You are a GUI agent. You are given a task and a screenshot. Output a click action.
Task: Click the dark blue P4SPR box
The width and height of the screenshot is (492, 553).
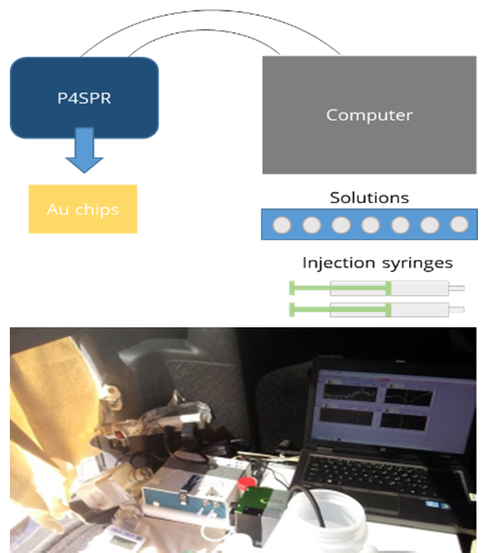84,97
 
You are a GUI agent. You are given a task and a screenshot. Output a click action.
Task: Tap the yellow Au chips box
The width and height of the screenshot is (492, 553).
82,209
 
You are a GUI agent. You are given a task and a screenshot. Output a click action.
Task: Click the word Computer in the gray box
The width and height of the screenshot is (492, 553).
369,114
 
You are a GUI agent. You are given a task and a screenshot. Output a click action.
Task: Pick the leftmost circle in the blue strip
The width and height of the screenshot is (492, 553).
282,224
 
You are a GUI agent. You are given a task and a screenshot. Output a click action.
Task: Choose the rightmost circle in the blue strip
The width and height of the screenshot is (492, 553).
459,224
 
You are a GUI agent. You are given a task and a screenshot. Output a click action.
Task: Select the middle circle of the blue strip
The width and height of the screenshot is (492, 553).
371,224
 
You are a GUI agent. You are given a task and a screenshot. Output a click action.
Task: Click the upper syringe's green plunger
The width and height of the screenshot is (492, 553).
338,288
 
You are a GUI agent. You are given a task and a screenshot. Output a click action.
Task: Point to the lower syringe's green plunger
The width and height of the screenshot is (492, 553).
338,309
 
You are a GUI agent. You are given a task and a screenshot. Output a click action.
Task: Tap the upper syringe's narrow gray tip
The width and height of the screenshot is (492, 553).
457,288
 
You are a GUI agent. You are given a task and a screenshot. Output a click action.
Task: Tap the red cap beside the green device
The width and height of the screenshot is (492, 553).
247,484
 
